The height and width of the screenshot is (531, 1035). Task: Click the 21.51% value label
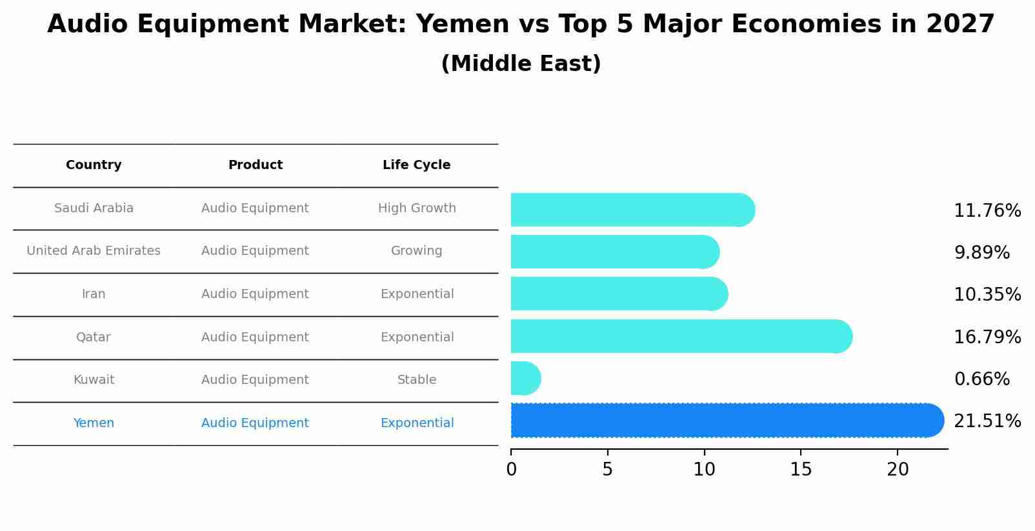(987, 421)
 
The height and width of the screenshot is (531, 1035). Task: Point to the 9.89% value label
(981, 253)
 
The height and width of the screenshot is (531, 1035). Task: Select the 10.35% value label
(987, 295)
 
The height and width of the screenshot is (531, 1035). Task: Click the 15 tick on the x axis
(801, 470)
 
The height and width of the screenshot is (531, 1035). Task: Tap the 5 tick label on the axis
(607, 470)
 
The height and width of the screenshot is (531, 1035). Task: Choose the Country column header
(94, 165)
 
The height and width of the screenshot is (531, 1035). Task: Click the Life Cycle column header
(416, 165)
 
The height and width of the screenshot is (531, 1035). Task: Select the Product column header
(255, 165)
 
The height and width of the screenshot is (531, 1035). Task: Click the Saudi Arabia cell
(94, 208)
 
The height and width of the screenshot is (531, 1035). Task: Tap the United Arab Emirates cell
(94, 251)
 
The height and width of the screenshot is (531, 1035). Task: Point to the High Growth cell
(417, 208)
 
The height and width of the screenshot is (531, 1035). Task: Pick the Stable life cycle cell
(417, 380)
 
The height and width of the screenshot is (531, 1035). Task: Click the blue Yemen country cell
(94, 423)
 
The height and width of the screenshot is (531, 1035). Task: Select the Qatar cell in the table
(94, 337)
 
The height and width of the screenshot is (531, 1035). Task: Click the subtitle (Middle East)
(521, 64)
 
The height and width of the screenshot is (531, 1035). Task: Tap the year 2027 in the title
(960, 25)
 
